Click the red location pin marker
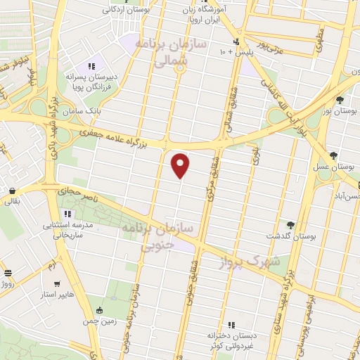(181, 165)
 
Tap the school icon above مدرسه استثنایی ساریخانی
(67, 214)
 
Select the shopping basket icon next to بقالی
(12, 190)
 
